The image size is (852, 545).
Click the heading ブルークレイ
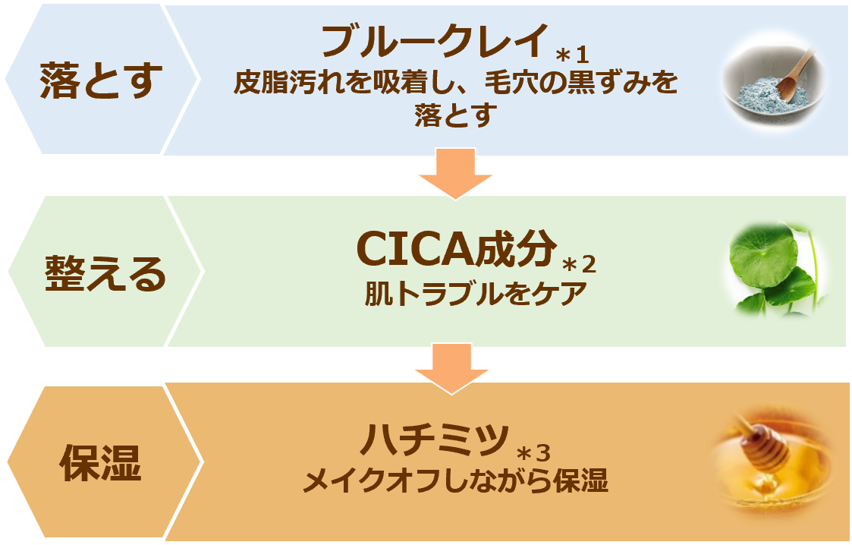[x=434, y=42]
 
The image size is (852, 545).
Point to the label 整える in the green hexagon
[x=105, y=273]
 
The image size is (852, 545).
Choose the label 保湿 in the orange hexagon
[x=101, y=462]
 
